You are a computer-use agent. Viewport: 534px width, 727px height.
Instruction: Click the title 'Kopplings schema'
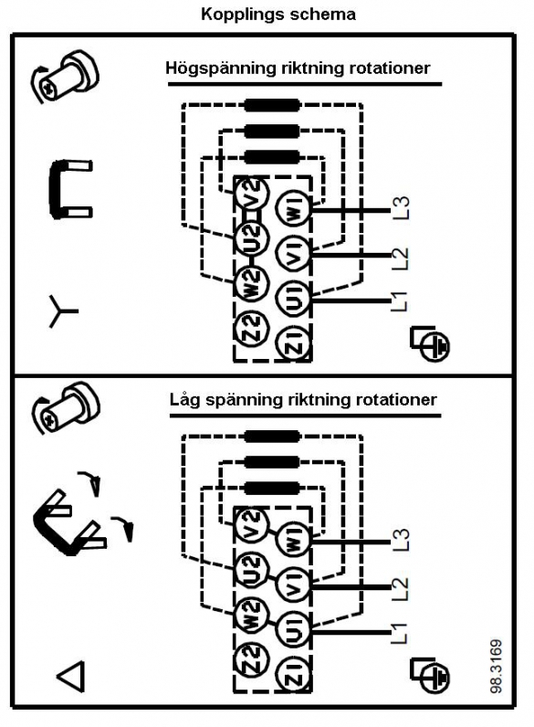click(x=278, y=15)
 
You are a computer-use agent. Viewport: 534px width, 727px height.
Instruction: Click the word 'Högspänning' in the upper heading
click(x=221, y=68)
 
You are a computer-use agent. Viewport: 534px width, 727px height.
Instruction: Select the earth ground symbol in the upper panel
click(x=430, y=343)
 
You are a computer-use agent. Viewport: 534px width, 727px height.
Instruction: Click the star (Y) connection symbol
click(x=62, y=311)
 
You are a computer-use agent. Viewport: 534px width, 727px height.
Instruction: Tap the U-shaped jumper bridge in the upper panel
click(x=55, y=188)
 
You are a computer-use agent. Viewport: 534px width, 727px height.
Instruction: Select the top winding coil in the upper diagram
click(x=272, y=105)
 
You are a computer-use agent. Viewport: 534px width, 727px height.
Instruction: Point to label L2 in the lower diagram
click(x=401, y=588)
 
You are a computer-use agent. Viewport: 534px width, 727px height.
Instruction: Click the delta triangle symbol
click(x=71, y=677)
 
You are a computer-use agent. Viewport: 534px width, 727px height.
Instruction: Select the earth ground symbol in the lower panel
click(x=430, y=676)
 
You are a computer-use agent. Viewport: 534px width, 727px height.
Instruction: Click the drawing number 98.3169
click(x=496, y=666)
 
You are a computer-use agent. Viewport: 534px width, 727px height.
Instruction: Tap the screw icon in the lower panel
click(x=66, y=408)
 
